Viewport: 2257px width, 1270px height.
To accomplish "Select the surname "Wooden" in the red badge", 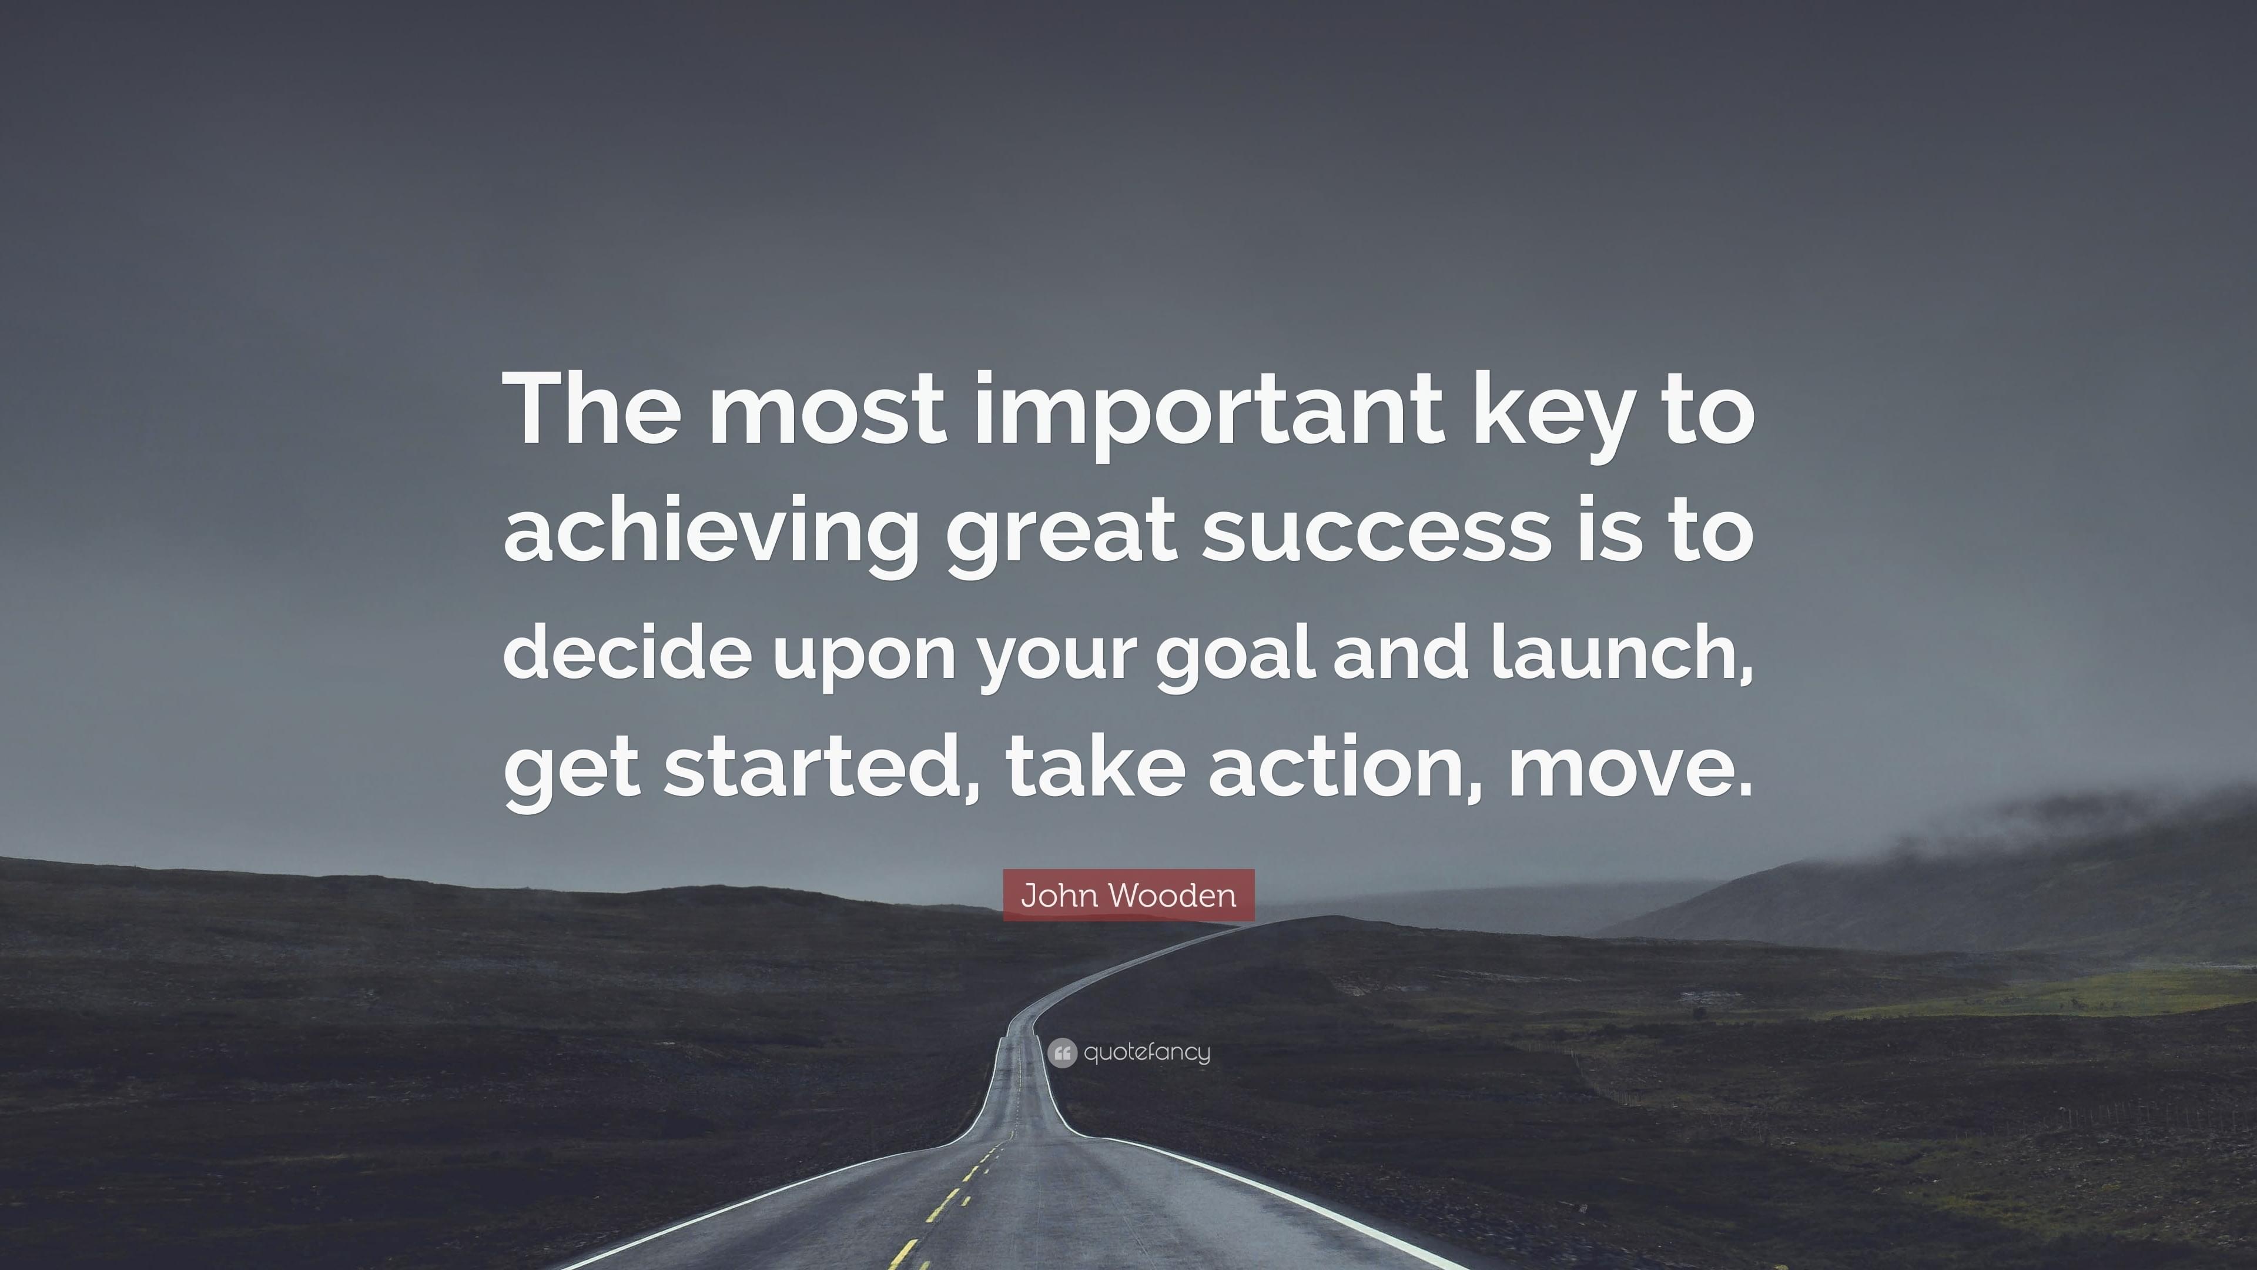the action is [x=1171, y=895].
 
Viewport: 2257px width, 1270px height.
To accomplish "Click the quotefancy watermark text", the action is [x=1147, y=1052].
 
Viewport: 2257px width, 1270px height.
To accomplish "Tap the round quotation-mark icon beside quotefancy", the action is [x=1062, y=1052].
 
